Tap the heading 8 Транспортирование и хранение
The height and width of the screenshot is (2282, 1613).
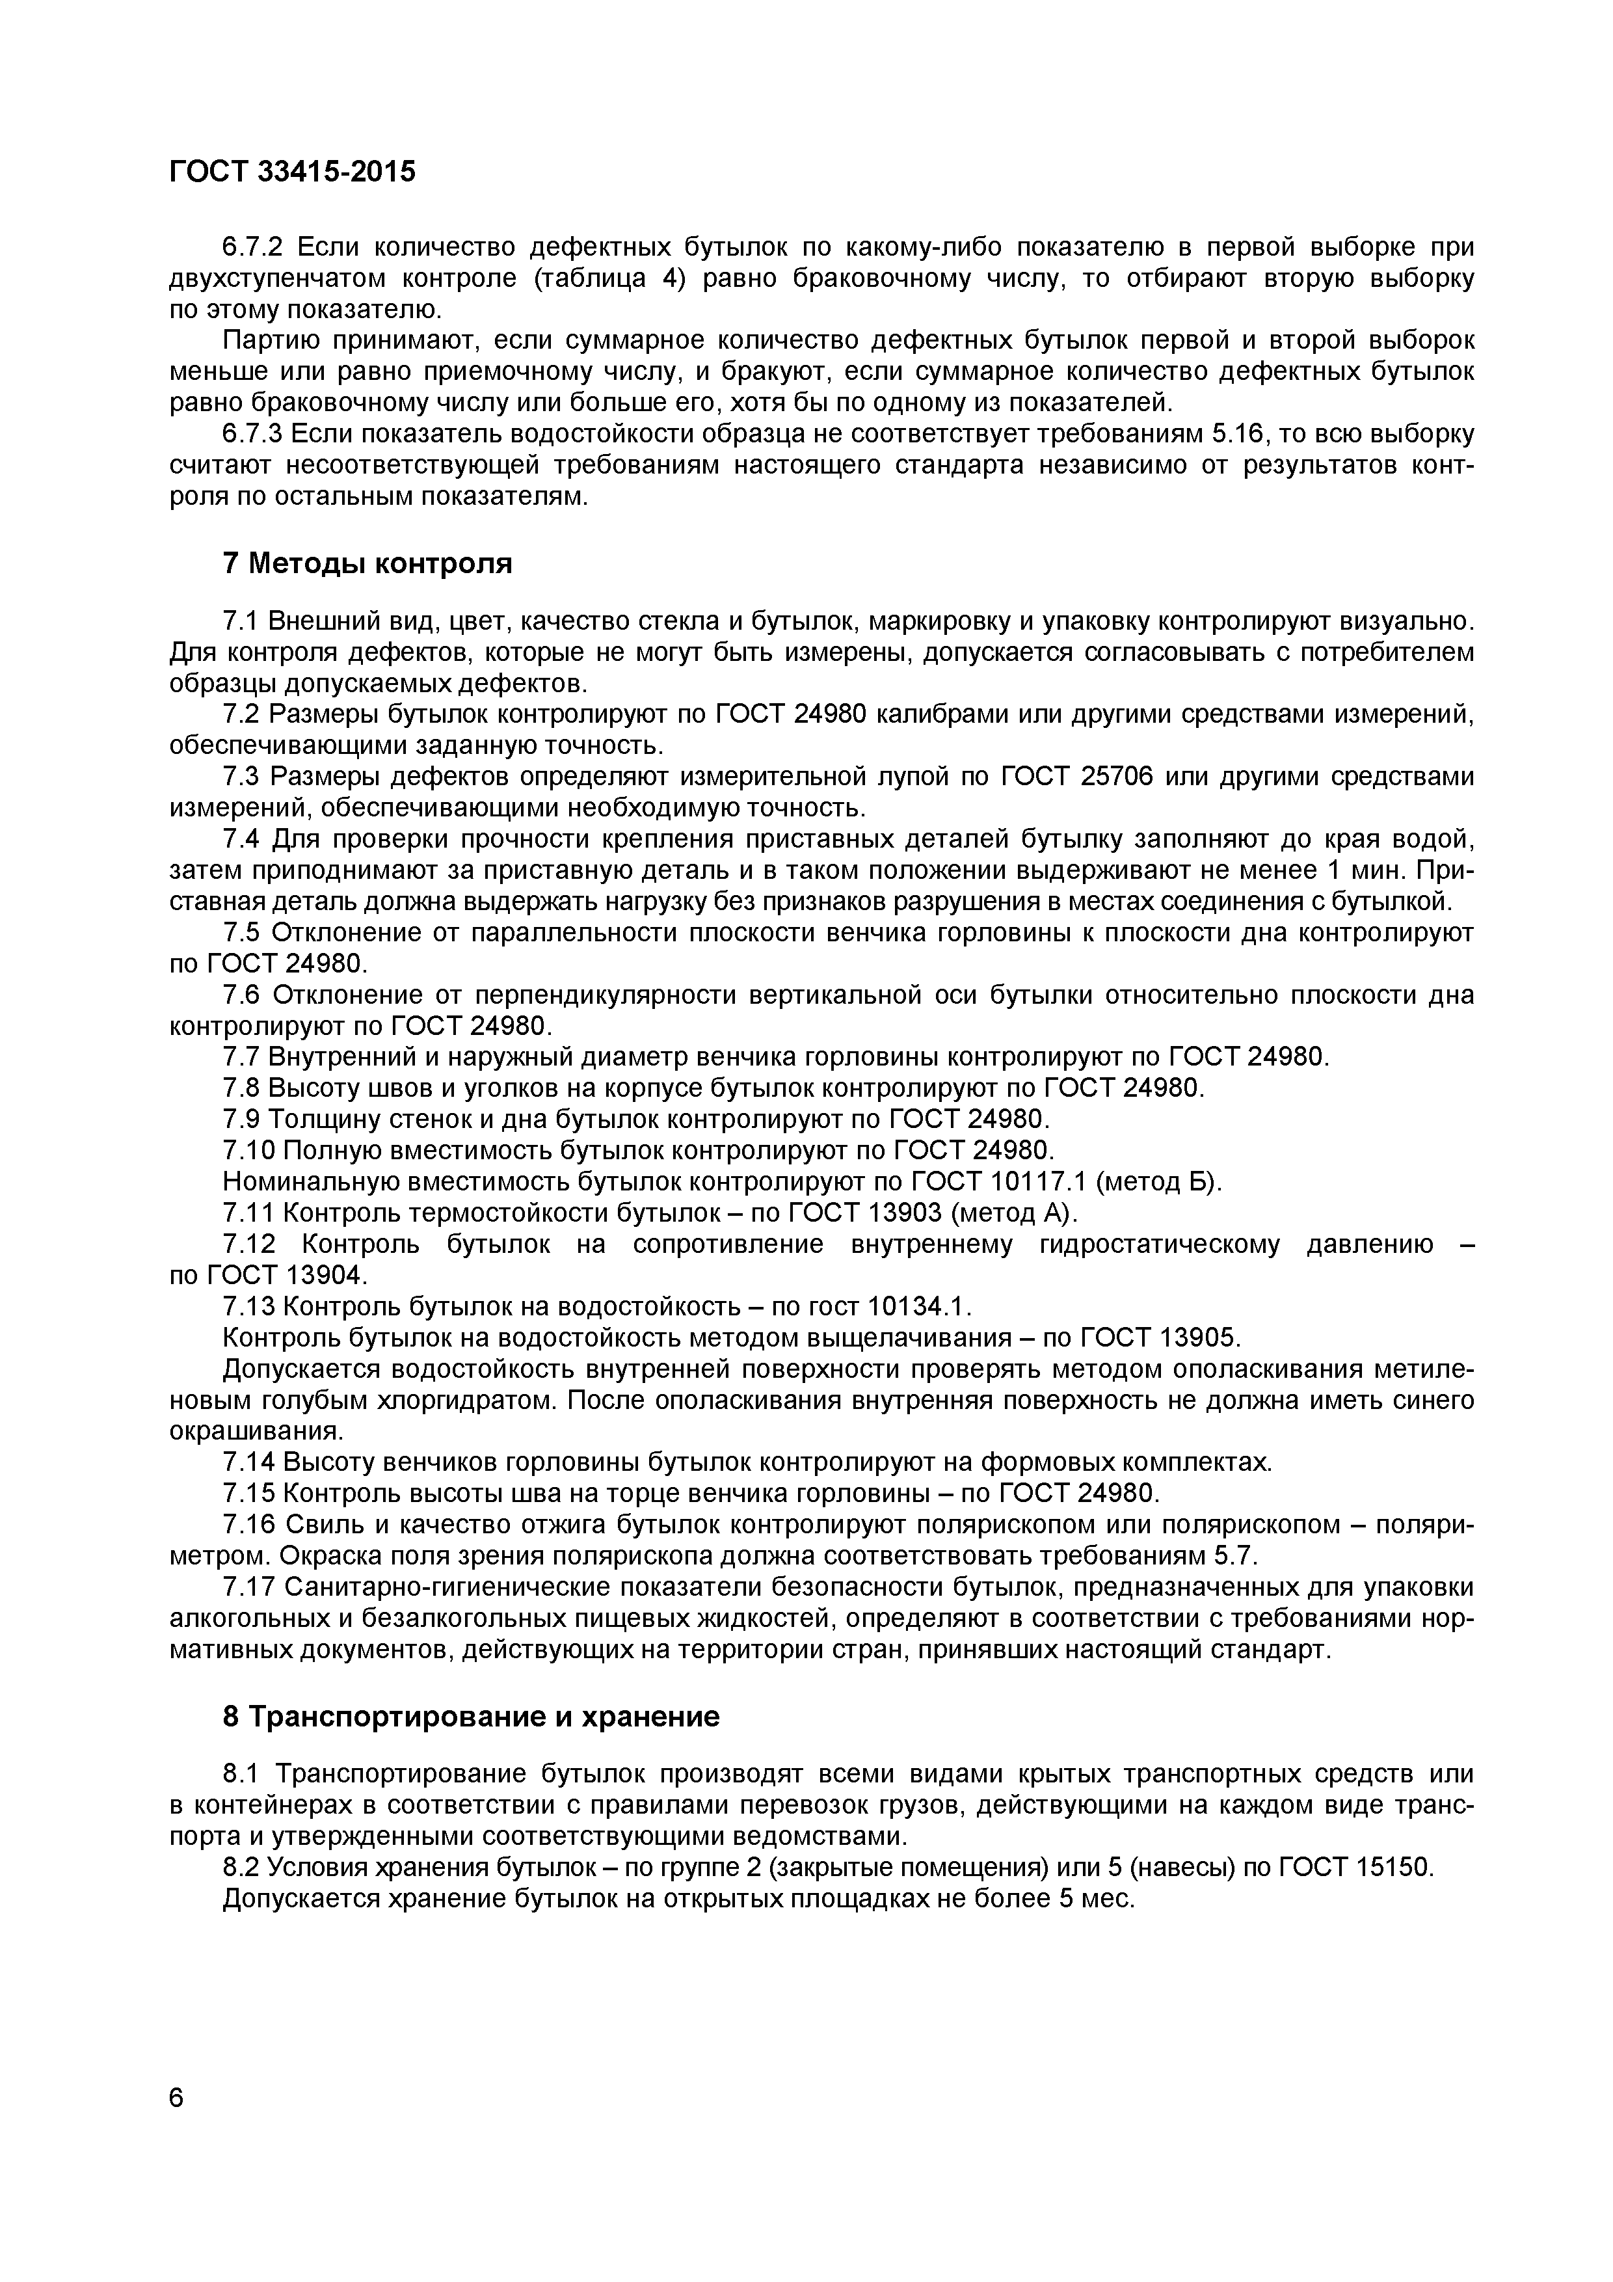click(470, 1717)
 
